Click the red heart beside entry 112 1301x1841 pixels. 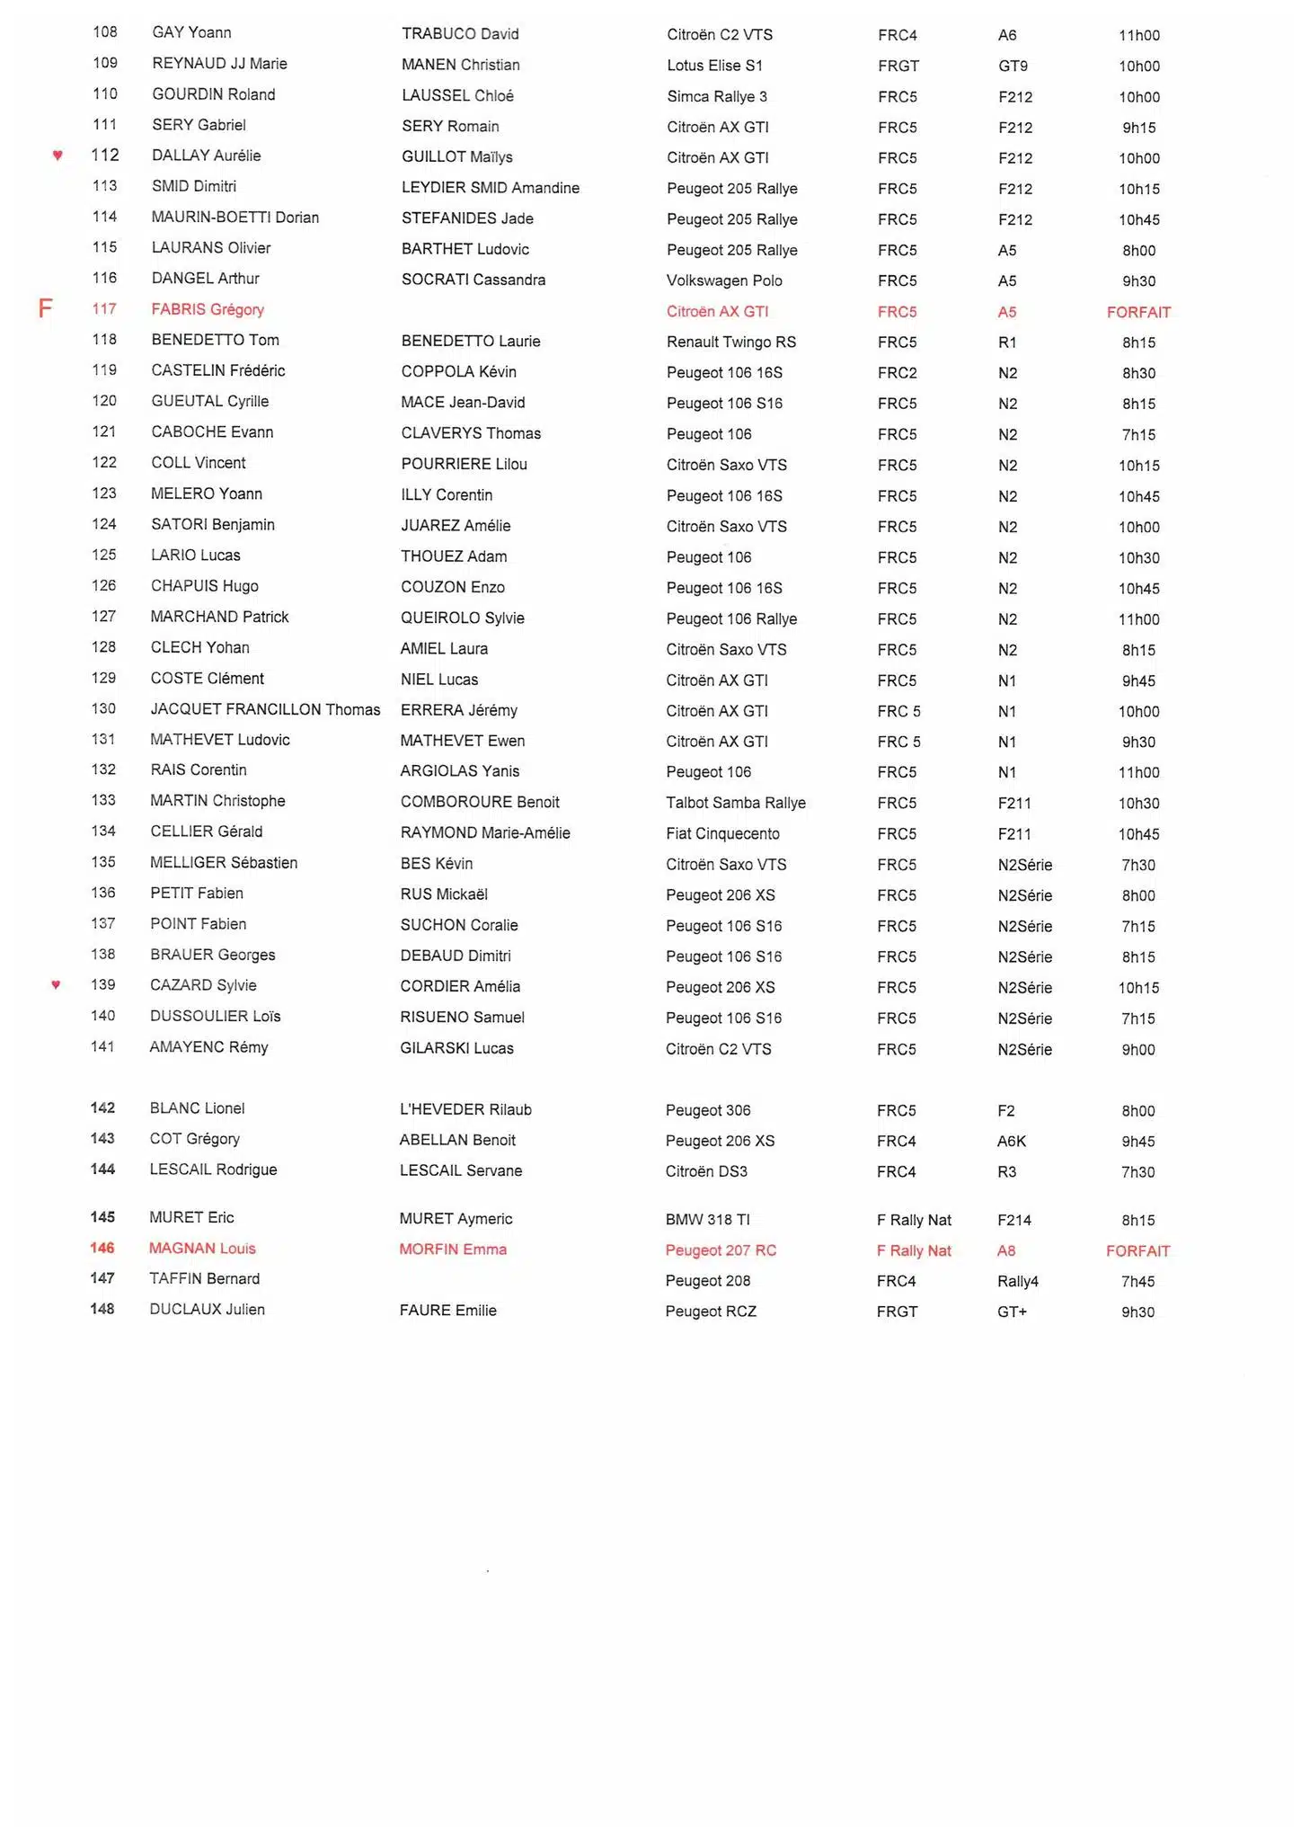pos(58,156)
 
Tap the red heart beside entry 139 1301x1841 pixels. pos(56,984)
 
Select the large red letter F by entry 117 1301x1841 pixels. pos(45,309)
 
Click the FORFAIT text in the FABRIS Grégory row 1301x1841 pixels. pos(1138,312)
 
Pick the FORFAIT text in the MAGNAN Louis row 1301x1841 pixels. pos(1137,1250)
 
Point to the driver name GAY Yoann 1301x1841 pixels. pos(191,32)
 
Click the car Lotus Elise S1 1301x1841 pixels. pos(714,66)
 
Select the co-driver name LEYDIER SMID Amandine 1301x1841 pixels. pos(490,188)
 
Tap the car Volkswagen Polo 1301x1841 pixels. pos(724,280)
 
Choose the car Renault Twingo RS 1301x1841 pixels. pos(730,342)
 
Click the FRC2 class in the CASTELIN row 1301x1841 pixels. pos(897,373)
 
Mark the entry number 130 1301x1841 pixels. pos(103,708)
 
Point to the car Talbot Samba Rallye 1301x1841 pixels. pos(735,803)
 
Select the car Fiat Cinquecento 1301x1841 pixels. pos(722,833)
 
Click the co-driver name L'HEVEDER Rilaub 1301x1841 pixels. pos(465,1109)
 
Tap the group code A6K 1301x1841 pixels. pos(1011,1141)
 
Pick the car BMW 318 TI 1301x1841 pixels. pos(707,1219)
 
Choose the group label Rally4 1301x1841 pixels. pos(1017,1281)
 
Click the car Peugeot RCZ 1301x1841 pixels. pos(711,1312)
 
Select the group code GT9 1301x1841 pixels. pos(1013,66)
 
